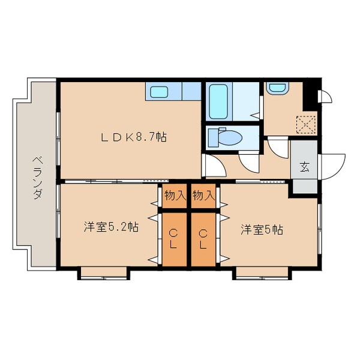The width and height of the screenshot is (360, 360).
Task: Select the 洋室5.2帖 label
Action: click(111, 227)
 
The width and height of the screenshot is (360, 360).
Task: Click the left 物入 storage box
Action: click(174, 195)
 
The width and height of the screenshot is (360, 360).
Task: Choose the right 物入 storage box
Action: click(203, 195)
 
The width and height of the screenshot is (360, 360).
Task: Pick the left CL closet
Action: click(174, 239)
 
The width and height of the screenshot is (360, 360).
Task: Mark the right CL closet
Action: click(203, 239)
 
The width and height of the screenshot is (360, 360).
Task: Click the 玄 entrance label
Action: click(304, 167)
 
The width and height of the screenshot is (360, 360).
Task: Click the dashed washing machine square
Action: click(307, 124)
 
